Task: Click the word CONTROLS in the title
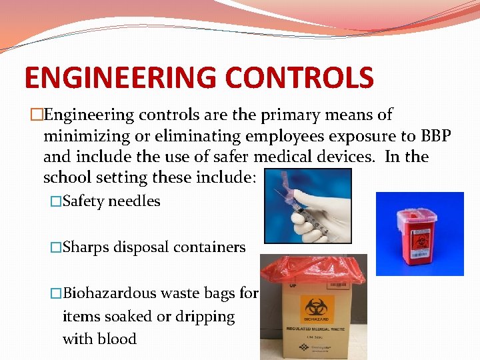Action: tap(299, 78)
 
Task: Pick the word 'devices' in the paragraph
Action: tap(330, 157)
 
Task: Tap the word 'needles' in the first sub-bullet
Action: tap(135, 201)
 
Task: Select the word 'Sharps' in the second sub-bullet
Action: tap(86, 247)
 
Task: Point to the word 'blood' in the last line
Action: tap(118, 339)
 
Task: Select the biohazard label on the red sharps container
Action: tap(422, 240)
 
